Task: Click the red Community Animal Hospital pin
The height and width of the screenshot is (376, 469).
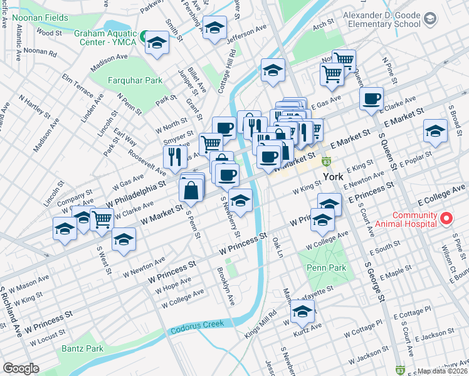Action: [x=446, y=219]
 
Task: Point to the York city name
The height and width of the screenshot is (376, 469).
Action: [x=333, y=177]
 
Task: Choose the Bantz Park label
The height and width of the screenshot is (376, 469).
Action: [x=82, y=348]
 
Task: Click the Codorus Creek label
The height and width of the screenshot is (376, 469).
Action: [x=195, y=325]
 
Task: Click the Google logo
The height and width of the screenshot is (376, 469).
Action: [x=21, y=368]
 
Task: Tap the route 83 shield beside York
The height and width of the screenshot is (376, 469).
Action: [x=327, y=162]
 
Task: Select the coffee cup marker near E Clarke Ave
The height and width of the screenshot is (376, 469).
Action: [x=372, y=98]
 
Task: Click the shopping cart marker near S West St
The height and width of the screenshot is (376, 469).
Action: [x=102, y=219]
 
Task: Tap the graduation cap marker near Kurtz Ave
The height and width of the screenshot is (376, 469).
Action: [x=302, y=310]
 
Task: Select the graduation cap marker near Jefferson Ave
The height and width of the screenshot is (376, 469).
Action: [x=214, y=28]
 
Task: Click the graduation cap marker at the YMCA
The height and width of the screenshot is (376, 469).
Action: [x=156, y=43]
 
